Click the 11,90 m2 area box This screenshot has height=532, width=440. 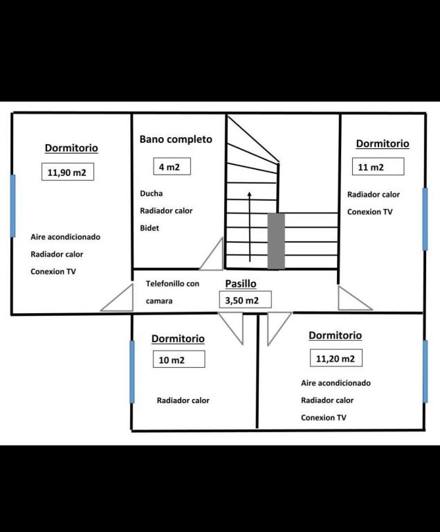tap(68, 172)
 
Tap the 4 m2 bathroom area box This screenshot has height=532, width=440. tap(172, 166)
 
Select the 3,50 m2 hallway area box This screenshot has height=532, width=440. tap(245, 299)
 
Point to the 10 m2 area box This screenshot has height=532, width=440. tap(178, 359)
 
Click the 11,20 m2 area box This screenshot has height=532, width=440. tap(336, 358)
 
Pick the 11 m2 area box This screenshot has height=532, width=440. tap(378, 166)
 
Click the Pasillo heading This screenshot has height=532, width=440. tap(241, 283)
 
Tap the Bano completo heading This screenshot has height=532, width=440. tap(176, 139)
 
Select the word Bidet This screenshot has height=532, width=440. tap(149, 228)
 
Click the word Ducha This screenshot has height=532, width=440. tap(152, 193)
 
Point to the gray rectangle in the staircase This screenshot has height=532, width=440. tap(276, 241)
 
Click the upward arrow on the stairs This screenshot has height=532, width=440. tap(250, 227)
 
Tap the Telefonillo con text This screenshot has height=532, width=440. tap(172, 283)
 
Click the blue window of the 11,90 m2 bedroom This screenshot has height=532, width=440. tap(13, 206)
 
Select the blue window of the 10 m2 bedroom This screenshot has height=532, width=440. tap(132, 371)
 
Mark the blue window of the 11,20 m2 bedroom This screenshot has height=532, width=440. tap(425, 371)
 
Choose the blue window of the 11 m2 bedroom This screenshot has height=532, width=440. tap(425, 219)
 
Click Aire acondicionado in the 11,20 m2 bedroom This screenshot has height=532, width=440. tap(336, 383)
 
